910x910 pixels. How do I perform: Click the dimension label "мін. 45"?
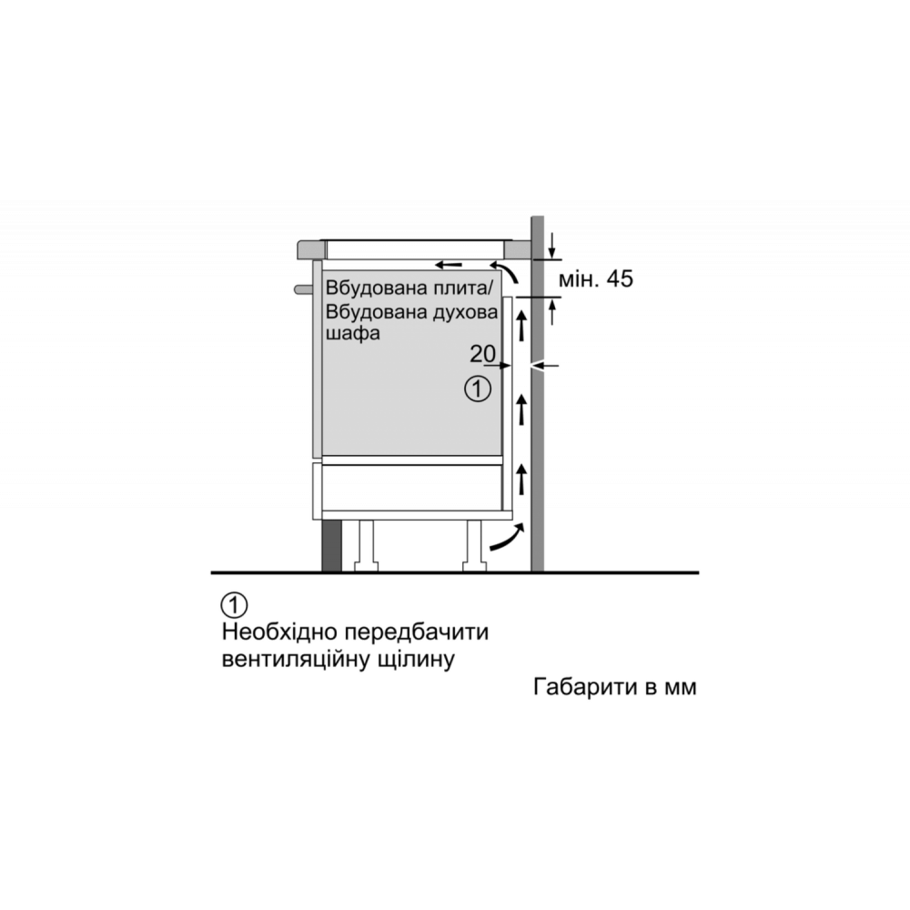coord(595,279)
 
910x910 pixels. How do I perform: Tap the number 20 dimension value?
coord(482,353)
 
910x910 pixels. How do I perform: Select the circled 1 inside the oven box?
coord(478,389)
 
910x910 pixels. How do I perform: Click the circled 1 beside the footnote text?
coord(234,605)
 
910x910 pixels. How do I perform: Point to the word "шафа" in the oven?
coord(352,334)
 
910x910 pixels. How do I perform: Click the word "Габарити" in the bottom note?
coord(585,686)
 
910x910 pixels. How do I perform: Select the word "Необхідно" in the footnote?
coord(278,632)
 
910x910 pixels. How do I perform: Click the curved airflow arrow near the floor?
coord(507,537)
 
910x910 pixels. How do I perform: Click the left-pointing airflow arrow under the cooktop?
coord(449,265)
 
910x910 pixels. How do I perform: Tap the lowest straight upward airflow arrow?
coord(521,479)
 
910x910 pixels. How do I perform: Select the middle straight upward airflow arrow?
coord(521,409)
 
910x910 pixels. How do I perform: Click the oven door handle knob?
coord(303,289)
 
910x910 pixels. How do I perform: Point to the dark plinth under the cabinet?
coord(331,545)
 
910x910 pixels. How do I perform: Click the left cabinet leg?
coord(366,545)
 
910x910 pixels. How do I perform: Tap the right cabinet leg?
coord(474,545)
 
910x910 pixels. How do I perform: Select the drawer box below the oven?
coord(412,489)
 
